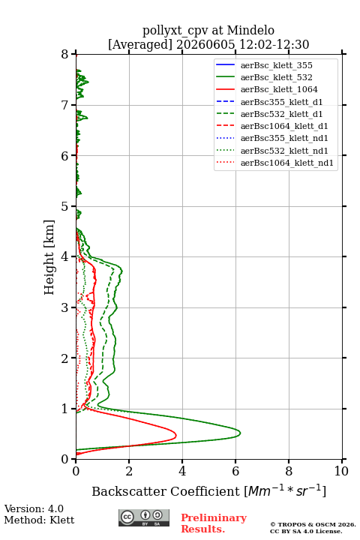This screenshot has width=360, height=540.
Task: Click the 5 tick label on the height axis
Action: pos(65,206)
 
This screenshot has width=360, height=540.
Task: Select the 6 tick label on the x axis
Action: pos(235,471)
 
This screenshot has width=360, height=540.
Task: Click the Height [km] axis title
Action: pos(49,257)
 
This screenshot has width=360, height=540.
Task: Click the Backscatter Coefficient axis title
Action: pos(208,490)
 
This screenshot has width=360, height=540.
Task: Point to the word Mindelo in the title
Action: pos(250,30)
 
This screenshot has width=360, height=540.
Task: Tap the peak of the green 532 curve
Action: pos(240,433)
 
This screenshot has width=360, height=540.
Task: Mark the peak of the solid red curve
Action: pos(176,435)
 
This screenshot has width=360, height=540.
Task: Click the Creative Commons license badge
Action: pos(144,517)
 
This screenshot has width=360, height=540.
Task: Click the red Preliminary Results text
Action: pos(214,523)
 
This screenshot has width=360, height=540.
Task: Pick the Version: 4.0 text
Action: pos(34,508)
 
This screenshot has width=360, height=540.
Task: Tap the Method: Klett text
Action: pos(39,520)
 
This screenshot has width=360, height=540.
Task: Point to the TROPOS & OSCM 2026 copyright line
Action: pos(313,524)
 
